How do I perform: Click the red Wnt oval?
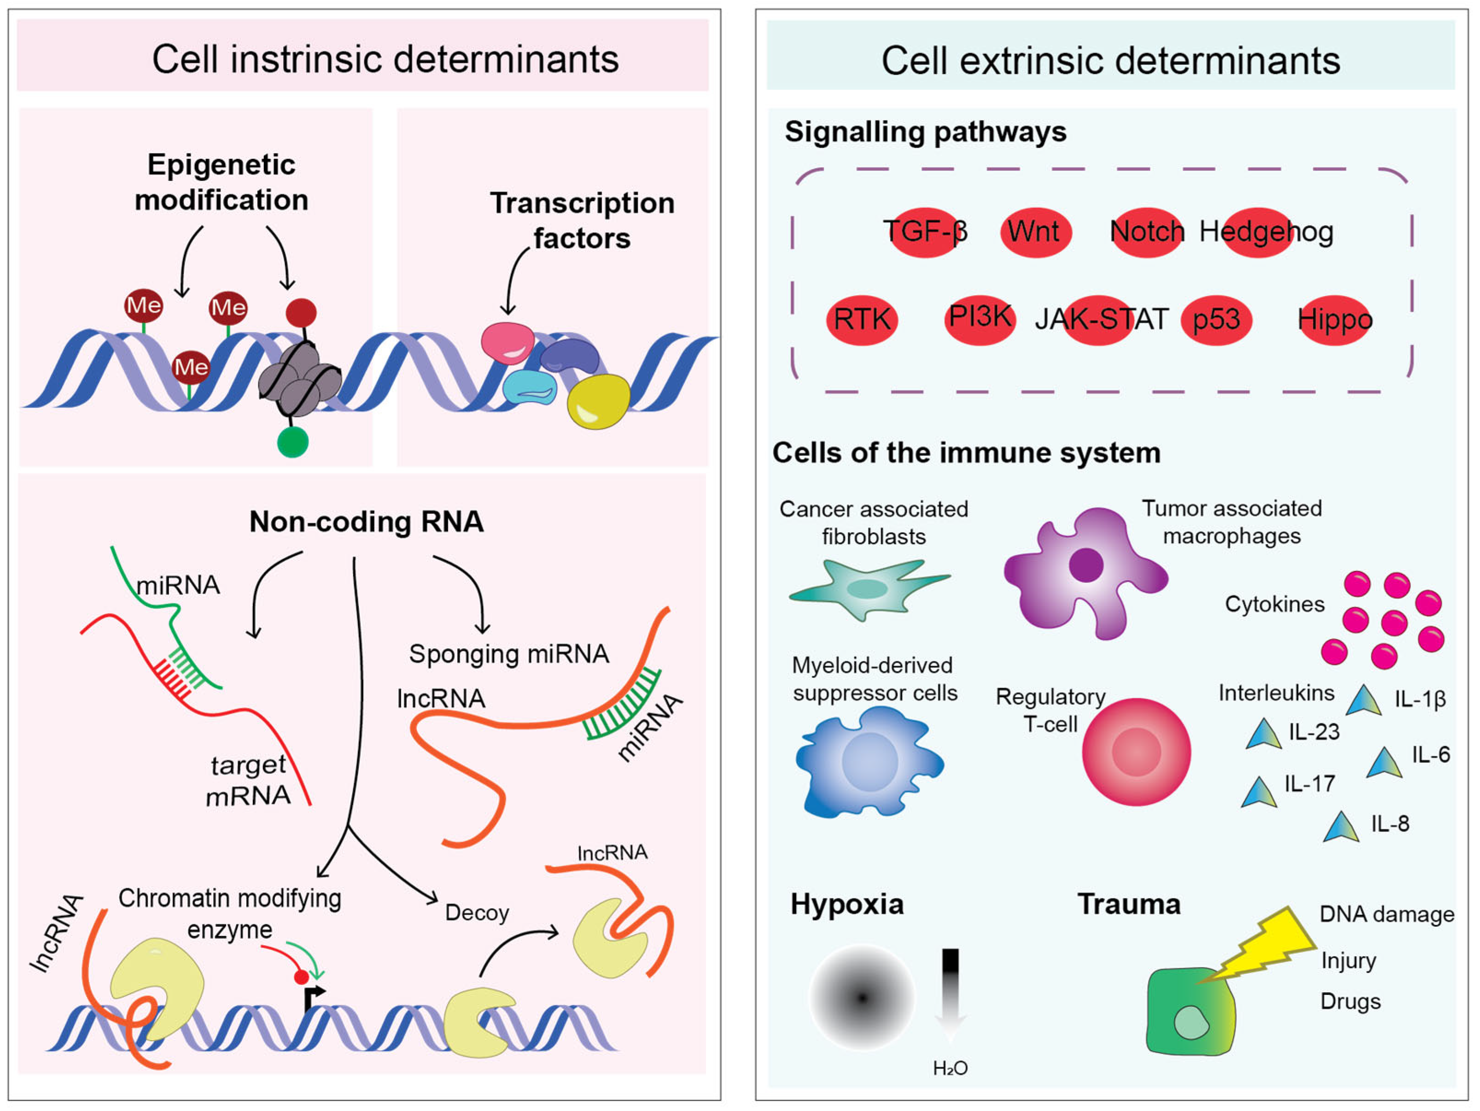(x=1036, y=232)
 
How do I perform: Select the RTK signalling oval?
(x=862, y=320)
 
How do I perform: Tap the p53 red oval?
(x=1217, y=320)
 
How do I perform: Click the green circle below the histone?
(x=292, y=442)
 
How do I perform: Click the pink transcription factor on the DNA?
(x=508, y=343)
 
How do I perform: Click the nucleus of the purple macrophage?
(x=1086, y=564)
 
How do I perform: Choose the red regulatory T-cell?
(x=1136, y=752)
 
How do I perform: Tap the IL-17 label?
(x=1309, y=783)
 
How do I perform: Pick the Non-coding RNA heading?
(x=366, y=522)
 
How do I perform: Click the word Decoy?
(x=477, y=913)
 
